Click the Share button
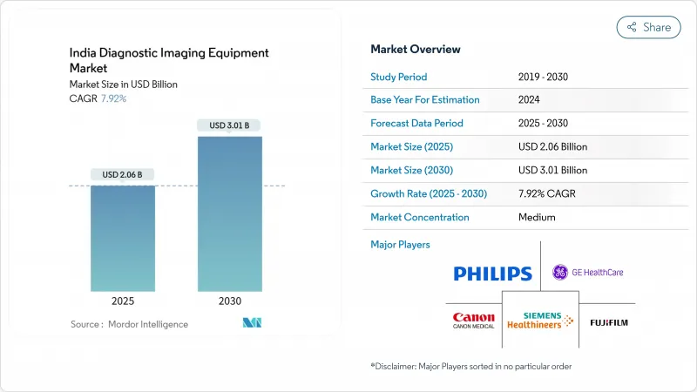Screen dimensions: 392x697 (649, 27)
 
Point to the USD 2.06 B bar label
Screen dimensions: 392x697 (124, 175)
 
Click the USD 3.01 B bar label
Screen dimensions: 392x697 (229, 125)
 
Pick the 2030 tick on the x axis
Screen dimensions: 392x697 (229, 301)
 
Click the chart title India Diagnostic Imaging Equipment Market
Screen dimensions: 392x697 (169, 60)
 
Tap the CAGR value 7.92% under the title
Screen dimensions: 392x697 (112, 98)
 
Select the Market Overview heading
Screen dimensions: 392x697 (416, 50)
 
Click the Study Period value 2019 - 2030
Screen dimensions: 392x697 (545, 77)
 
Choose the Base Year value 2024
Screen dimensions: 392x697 (530, 100)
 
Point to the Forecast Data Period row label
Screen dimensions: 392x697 (416, 124)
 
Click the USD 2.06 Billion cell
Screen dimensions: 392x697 (552, 147)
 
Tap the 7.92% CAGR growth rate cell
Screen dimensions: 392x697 (549, 194)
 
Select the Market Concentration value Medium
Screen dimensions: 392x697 (537, 218)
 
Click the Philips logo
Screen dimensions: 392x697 (492, 274)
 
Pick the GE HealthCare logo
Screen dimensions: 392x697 (588, 273)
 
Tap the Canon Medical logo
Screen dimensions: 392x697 (474, 321)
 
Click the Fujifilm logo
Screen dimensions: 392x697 (608, 322)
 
